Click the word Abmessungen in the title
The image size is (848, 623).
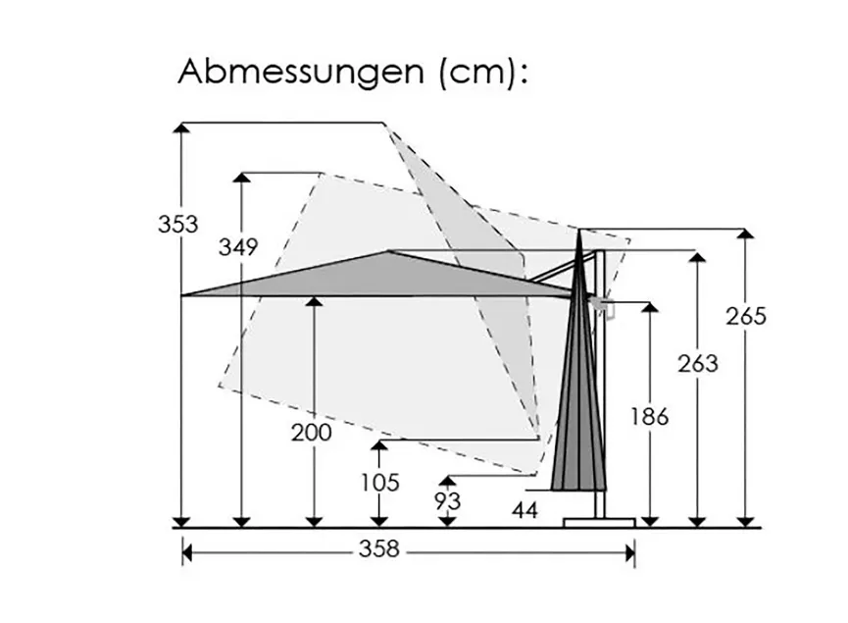point(301,72)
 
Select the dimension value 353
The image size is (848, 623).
point(177,224)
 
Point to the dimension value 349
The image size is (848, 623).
point(238,247)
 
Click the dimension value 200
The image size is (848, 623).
point(312,433)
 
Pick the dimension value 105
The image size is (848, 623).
point(380,483)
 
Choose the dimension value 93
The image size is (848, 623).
point(448,501)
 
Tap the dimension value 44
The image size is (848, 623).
point(525,510)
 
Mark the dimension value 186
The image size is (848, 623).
point(650,417)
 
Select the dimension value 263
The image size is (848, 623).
point(698,363)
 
